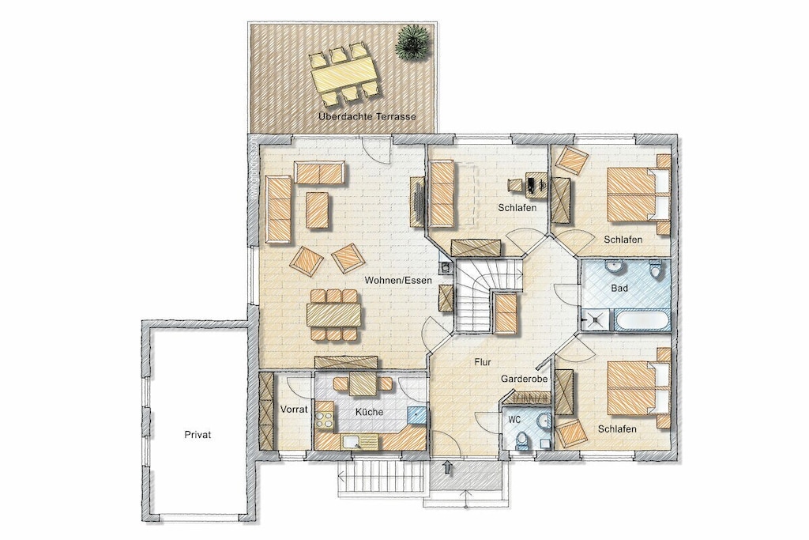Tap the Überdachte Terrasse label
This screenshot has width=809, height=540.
(367, 116)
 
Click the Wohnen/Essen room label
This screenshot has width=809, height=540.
(398, 281)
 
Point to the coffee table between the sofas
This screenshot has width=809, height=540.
(318, 210)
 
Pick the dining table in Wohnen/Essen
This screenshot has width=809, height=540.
(334, 315)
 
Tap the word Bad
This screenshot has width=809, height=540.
(619, 288)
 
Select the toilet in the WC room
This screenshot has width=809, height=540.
(521, 440)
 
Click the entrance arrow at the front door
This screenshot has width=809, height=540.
(447, 468)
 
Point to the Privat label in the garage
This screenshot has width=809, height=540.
(198, 435)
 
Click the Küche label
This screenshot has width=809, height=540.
(370, 412)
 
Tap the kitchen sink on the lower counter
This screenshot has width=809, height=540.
(352, 442)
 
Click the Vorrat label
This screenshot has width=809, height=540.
(294, 410)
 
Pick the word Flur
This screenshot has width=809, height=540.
(483, 362)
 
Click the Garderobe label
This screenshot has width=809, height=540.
(524, 379)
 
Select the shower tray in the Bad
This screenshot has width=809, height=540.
(595, 320)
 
